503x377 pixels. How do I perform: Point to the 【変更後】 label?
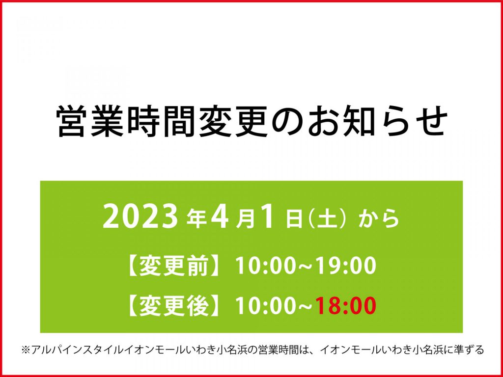coord(174,306)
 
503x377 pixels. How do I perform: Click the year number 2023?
coord(140,218)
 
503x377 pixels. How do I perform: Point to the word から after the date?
coord(379,219)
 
